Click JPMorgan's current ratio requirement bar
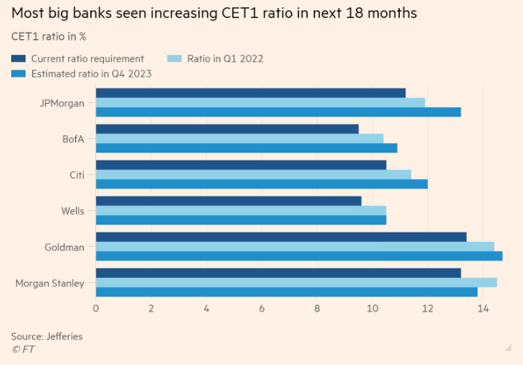pyautogui.click(x=250, y=93)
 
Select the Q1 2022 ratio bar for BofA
pyautogui.click(x=239, y=138)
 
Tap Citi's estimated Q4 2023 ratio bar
pyautogui.click(x=261, y=184)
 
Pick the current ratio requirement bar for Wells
pyautogui.click(x=228, y=200)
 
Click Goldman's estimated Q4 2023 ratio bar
pyautogui.click(x=299, y=256)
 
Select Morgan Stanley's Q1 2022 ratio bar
pyautogui.click(x=296, y=282)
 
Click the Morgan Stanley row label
pyautogui.click(x=50, y=283)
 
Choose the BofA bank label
pyautogui.click(x=74, y=139)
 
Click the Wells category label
pyautogui.click(x=74, y=211)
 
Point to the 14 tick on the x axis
pyautogui.click(x=483, y=308)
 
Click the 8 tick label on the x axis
pyautogui.click(x=317, y=308)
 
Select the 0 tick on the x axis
pyautogui.click(x=96, y=308)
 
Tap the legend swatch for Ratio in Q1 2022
pyautogui.click(x=174, y=58)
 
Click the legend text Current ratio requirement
pyautogui.click(x=87, y=58)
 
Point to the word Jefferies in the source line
pyautogui.click(x=65, y=336)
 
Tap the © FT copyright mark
pyautogui.click(x=23, y=349)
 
